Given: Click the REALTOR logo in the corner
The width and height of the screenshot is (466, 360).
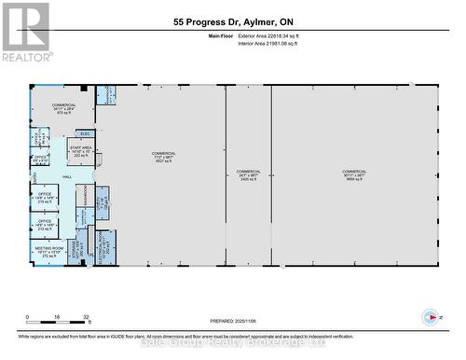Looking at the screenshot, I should pyautogui.click(x=25, y=32).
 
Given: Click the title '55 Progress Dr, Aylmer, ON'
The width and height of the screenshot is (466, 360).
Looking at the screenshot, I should pyautogui.click(x=232, y=21).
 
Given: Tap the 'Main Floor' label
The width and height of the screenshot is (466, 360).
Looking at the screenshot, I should pyautogui.click(x=218, y=35).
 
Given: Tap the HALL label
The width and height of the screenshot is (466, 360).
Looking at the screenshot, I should pyautogui.click(x=67, y=175).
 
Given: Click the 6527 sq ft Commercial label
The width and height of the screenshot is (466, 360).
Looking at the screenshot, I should pyautogui.click(x=164, y=157).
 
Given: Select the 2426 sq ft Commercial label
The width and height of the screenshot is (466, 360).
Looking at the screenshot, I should pyautogui.click(x=249, y=174).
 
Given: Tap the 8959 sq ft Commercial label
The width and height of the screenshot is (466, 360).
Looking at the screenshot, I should pyautogui.click(x=354, y=174).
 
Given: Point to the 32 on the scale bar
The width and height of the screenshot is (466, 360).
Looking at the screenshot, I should pyautogui.click(x=86, y=317).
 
